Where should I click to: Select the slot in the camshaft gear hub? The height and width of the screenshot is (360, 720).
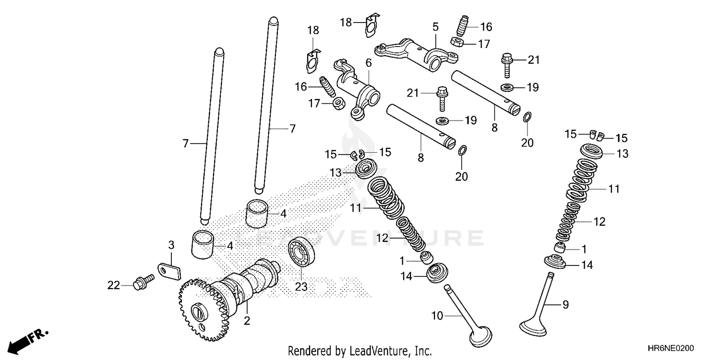point(198,312)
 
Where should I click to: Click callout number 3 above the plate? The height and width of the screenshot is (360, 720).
point(171,246)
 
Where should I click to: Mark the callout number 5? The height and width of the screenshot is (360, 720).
point(435,27)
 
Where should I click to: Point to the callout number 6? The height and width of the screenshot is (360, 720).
point(368,62)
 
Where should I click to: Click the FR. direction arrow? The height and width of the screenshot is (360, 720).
point(27,339)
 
